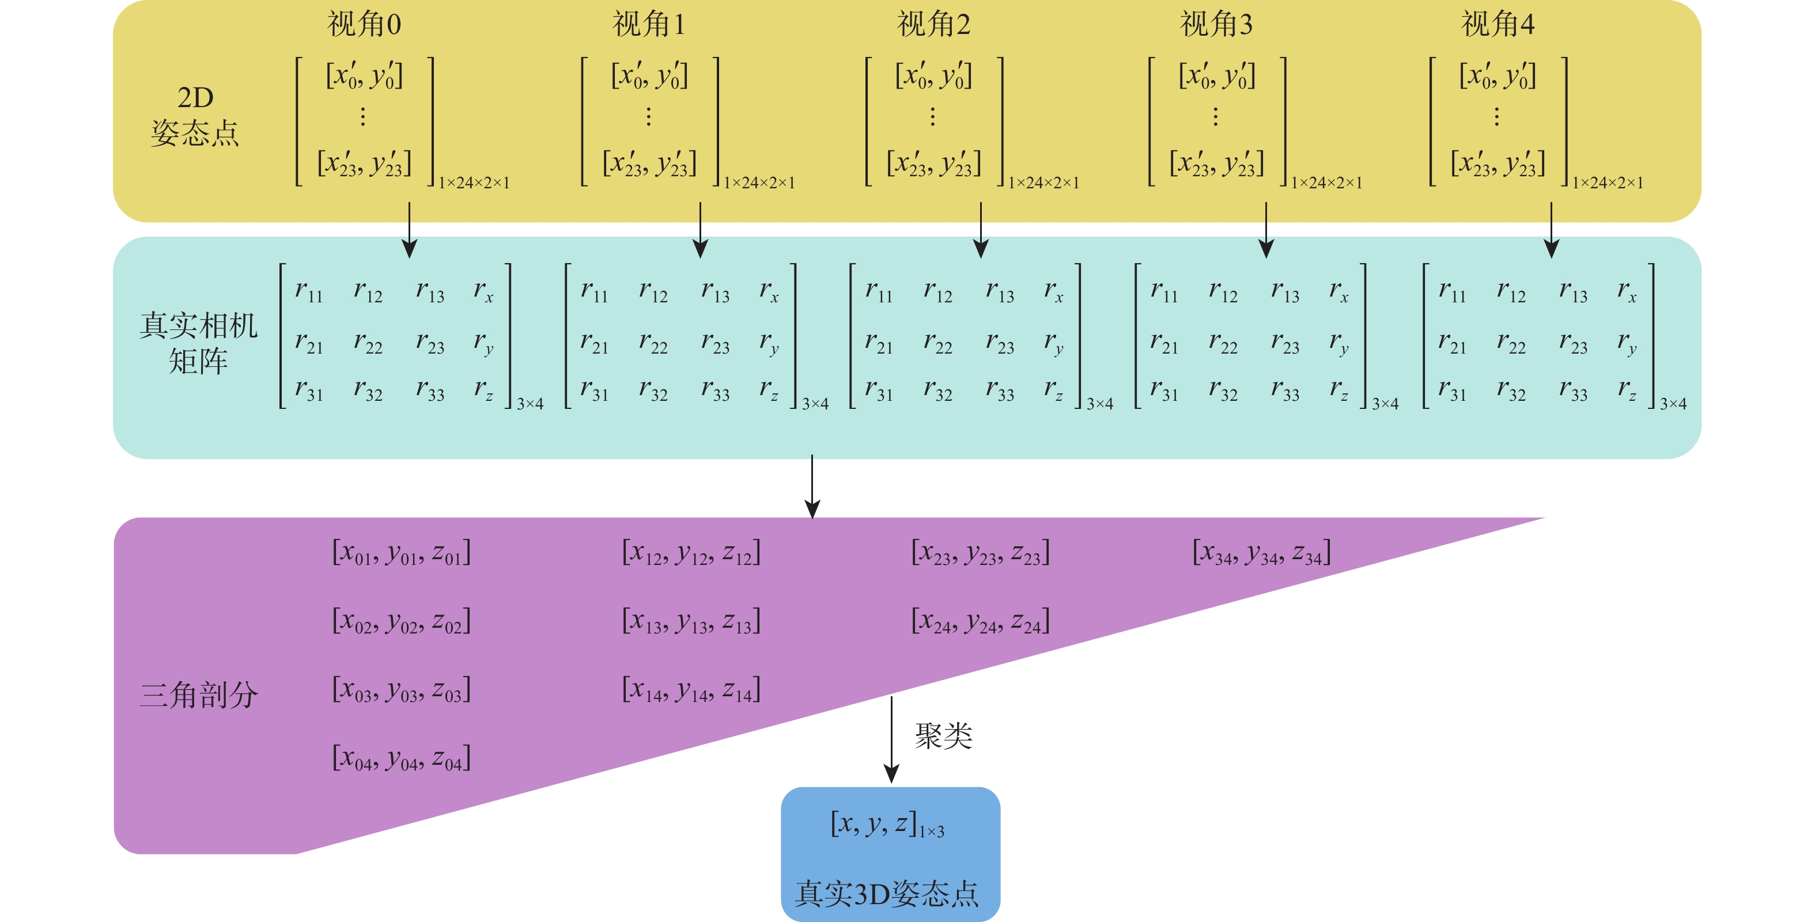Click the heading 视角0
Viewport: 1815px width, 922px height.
pyautogui.click(x=364, y=25)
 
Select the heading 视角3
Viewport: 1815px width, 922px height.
pyautogui.click(x=1216, y=25)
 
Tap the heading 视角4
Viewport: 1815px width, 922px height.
pyautogui.click(x=1498, y=25)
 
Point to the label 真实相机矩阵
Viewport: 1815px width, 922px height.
pyautogui.click(x=198, y=343)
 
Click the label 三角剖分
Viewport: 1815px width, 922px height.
pyautogui.click(x=199, y=695)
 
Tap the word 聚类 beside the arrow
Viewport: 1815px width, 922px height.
pyautogui.click(x=943, y=737)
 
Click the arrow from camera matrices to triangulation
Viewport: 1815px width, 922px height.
pyautogui.click(x=812, y=486)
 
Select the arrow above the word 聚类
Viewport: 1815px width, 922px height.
pyautogui.click(x=891, y=739)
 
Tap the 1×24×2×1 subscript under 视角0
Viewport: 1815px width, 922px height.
pyautogui.click(x=474, y=183)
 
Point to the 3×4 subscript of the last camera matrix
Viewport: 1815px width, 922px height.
pyautogui.click(x=1673, y=404)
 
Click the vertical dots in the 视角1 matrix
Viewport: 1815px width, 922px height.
pyautogui.click(x=648, y=116)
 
